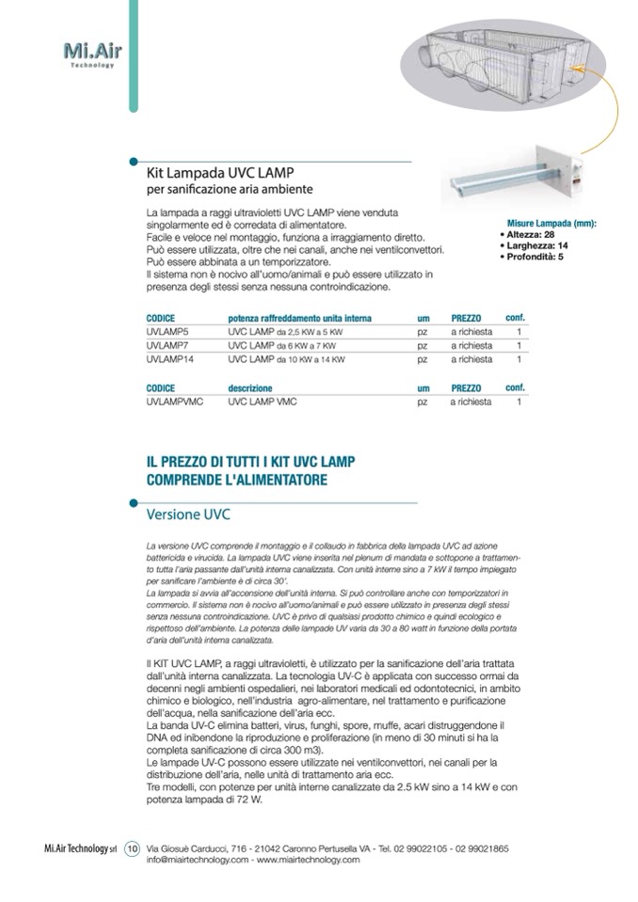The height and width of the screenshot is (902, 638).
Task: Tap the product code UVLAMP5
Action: coord(168,333)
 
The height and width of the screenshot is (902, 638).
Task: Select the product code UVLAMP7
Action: coord(168,346)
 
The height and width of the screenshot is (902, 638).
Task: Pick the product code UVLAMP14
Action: coord(171,359)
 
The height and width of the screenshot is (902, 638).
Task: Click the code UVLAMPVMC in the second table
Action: coord(176,402)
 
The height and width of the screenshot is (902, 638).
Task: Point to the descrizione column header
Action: coord(250,388)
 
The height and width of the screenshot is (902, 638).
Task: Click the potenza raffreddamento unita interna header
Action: coord(299,319)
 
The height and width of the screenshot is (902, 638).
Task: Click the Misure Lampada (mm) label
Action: coord(552,224)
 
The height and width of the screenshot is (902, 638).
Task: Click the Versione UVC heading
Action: coord(188,515)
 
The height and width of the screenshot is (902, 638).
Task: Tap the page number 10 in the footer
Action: coord(132,847)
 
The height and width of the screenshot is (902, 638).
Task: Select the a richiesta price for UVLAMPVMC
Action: coord(471,402)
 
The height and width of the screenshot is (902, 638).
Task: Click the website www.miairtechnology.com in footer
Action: coord(308,860)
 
